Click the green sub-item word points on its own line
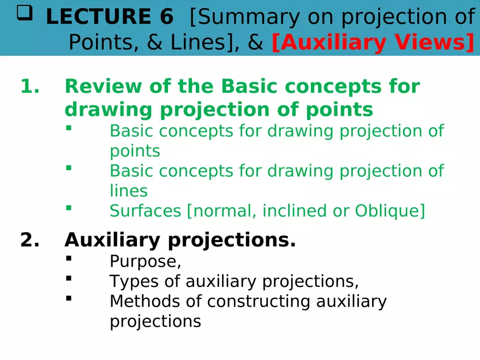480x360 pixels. [x=135, y=151]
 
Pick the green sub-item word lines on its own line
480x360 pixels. [x=129, y=191]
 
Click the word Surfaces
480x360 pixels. [x=146, y=211]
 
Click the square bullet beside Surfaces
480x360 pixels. [x=69, y=207]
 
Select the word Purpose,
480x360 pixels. [x=145, y=262]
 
